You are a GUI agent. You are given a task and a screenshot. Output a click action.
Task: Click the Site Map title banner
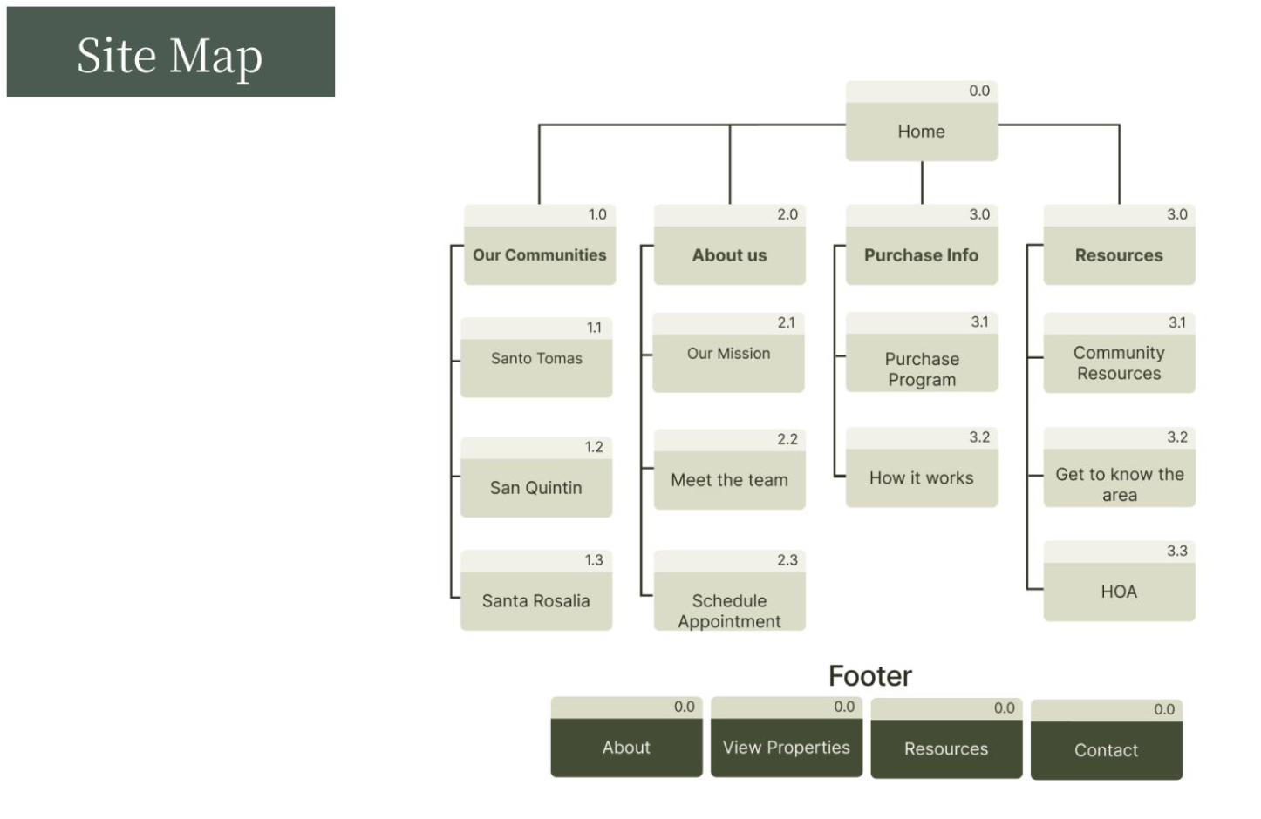click(x=170, y=52)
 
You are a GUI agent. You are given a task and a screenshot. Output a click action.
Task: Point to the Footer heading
click(x=869, y=676)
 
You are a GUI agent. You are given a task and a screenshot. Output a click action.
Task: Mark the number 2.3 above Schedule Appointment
click(x=787, y=560)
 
